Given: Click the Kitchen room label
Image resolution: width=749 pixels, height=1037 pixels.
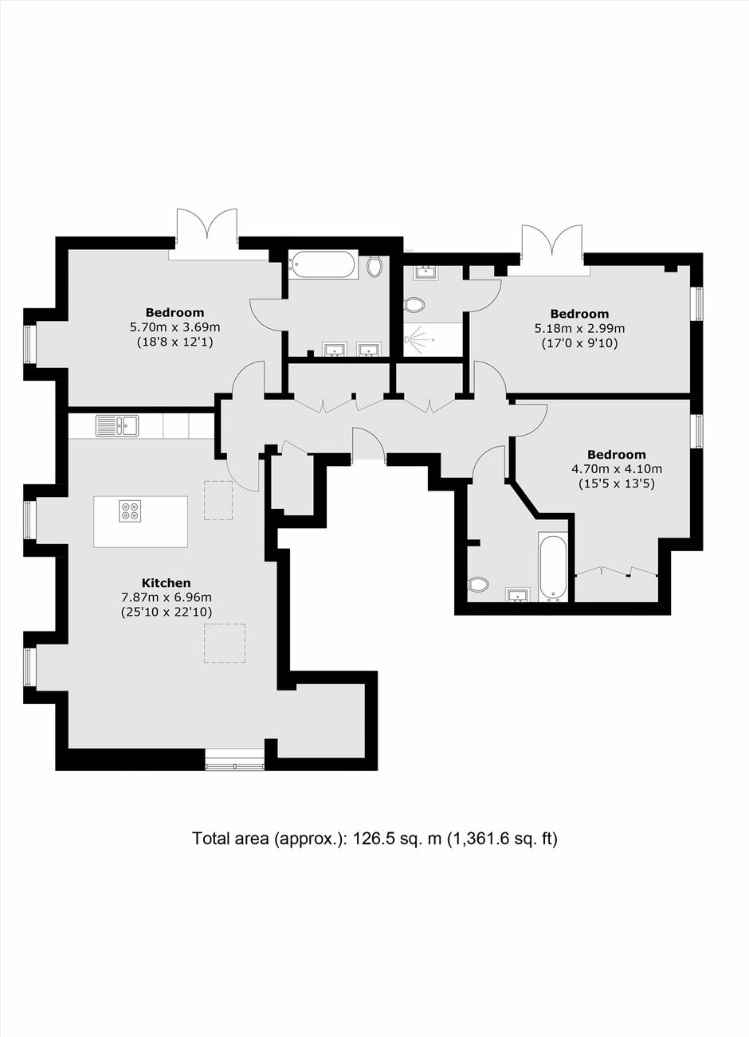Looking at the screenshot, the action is pyautogui.click(x=166, y=583).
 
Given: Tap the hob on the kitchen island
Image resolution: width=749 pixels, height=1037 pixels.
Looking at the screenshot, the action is pyautogui.click(x=129, y=511).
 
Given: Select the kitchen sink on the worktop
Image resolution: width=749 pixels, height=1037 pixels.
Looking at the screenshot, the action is pyautogui.click(x=117, y=425).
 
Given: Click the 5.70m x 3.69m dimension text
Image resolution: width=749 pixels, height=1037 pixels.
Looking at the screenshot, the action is pyautogui.click(x=175, y=327).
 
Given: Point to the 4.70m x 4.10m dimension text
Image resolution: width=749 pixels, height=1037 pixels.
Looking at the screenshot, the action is pyautogui.click(x=617, y=469).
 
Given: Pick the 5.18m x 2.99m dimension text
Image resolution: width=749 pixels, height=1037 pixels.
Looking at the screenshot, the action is pyautogui.click(x=579, y=329).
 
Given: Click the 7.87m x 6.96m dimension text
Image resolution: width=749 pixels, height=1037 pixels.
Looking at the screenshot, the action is pyautogui.click(x=167, y=597).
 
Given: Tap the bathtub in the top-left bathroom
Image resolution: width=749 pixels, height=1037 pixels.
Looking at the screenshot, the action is pyautogui.click(x=322, y=264).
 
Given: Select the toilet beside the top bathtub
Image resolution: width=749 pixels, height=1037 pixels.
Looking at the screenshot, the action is pyautogui.click(x=374, y=266).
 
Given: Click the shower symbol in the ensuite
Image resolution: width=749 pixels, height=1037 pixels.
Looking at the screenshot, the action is pyautogui.click(x=419, y=340).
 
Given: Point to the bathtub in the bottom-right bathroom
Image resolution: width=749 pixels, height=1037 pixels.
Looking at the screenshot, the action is pyautogui.click(x=553, y=566).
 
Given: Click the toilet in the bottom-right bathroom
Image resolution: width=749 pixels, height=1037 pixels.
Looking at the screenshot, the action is pyautogui.click(x=478, y=584).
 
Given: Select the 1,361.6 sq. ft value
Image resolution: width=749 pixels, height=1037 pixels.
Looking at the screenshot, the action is pyautogui.click(x=502, y=839).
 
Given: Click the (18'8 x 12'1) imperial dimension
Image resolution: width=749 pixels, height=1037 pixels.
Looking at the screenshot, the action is pyautogui.click(x=175, y=342).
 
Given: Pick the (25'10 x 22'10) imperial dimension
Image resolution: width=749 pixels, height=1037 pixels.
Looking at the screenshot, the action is pyautogui.click(x=167, y=612).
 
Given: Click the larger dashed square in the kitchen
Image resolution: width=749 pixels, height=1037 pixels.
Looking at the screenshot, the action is pyautogui.click(x=225, y=643).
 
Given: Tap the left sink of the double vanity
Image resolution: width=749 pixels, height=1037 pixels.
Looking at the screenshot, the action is pyautogui.click(x=335, y=350).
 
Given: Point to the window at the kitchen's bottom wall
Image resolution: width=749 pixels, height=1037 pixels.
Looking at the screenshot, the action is pyautogui.click(x=235, y=765).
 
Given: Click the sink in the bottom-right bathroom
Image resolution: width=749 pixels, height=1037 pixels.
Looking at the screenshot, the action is pyautogui.click(x=519, y=595).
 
